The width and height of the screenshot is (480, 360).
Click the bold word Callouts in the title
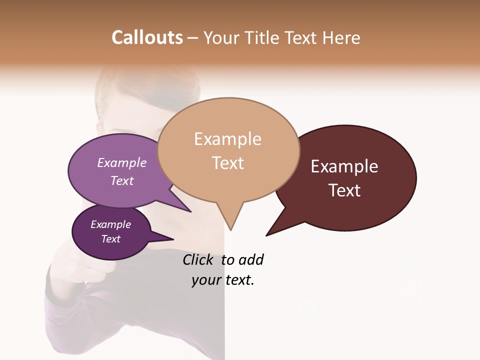147,37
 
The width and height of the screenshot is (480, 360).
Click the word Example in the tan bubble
227,139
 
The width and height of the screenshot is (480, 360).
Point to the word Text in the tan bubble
228,163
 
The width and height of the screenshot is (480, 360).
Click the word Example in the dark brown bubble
344,166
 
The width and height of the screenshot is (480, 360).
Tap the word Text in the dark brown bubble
345,190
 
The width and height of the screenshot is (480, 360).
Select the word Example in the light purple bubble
122,163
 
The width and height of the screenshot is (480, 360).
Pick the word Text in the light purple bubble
122,180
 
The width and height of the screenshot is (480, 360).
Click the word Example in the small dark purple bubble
110,224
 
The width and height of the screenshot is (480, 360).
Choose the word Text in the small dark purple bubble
110,239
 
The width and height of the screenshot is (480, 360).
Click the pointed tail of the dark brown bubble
267,235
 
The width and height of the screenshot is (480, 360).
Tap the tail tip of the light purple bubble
190,211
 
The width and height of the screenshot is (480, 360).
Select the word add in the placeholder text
251,260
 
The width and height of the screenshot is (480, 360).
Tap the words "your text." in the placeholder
223,280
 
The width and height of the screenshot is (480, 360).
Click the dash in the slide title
193,37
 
